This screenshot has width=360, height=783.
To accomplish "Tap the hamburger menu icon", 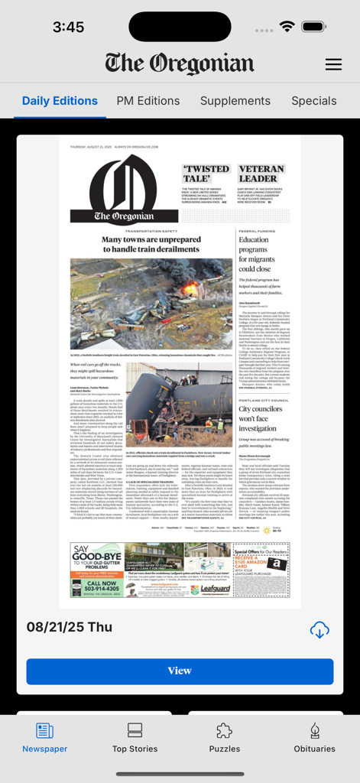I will point(333,64).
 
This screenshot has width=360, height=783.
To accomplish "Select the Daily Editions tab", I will point(60,101).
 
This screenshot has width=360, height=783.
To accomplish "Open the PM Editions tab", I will point(148,101).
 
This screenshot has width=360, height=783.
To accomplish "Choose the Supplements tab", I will point(235,101).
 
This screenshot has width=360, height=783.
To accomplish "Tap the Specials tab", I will point(313,101).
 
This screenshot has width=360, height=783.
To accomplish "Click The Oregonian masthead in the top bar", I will point(180,63).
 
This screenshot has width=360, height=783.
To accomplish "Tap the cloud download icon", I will point(319,630).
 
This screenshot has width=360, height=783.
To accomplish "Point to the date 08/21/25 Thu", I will point(70,627).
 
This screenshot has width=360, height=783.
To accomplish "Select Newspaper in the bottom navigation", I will point(44,738).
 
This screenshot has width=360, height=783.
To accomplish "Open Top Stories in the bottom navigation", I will point(135,738).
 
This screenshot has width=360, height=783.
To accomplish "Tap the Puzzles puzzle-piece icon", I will point(224,730).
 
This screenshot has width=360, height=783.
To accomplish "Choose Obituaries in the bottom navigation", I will point(314,738).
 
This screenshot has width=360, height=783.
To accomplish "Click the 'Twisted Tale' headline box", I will point(206,174).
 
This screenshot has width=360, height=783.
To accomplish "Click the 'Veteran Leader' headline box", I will point(262,174).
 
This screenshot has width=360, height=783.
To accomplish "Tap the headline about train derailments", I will point(151,244).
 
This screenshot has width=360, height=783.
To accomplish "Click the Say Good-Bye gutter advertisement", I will point(96,570).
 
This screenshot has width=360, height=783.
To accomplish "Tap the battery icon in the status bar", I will point(313,27).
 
